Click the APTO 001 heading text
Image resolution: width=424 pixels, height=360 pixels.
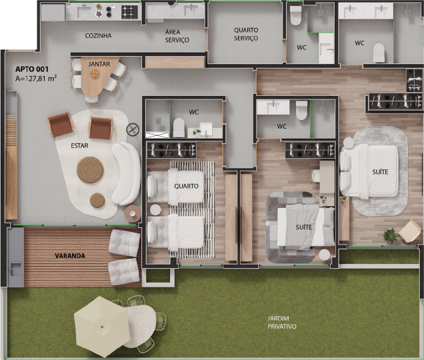click(x=32, y=69)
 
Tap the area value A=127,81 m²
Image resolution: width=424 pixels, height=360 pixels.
click(x=36, y=79)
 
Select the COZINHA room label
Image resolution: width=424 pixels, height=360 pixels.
click(x=98, y=36)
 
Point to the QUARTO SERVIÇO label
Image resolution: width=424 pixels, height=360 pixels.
click(x=246, y=34)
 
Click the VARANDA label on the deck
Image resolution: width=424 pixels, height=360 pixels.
click(x=70, y=255)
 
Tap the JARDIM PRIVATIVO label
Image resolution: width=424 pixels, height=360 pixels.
click(x=282, y=323)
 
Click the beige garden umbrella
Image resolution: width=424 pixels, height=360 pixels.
click(x=101, y=327)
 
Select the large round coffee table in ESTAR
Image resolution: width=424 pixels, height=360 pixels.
click(x=90, y=170)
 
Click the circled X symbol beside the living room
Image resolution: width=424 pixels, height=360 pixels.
click(x=133, y=129)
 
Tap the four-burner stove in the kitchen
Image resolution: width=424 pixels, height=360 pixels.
click(x=129, y=12)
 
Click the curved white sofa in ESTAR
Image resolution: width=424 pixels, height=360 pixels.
click(x=126, y=173)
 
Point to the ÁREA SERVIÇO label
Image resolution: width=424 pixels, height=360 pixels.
click(x=177, y=36)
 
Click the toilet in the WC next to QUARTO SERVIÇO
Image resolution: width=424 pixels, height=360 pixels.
click(x=295, y=15)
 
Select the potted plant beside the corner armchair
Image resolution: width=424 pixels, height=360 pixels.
click(x=391, y=235)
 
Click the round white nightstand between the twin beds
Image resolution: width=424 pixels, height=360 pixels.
click(x=155, y=210)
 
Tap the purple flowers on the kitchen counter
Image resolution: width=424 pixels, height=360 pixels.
click(x=99, y=13)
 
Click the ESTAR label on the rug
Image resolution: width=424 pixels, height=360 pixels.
click(x=79, y=146)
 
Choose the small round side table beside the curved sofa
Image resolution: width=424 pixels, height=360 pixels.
click(x=133, y=213)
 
